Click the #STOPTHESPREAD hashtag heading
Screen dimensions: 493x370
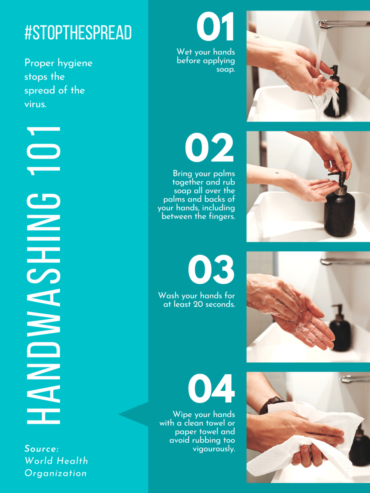point(78,33)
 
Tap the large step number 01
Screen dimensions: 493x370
point(215,27)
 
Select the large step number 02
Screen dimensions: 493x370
point(209,148)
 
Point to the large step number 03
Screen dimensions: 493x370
point(211,269)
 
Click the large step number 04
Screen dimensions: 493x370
point(211,389)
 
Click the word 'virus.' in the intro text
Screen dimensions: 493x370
point(35,104)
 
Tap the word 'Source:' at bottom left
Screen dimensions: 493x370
point(42,448)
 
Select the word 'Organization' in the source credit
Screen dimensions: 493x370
point(55,473)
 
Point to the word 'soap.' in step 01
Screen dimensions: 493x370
point(226,70)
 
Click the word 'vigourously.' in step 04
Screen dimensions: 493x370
point(214,449)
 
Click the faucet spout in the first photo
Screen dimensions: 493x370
point(339,23)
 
